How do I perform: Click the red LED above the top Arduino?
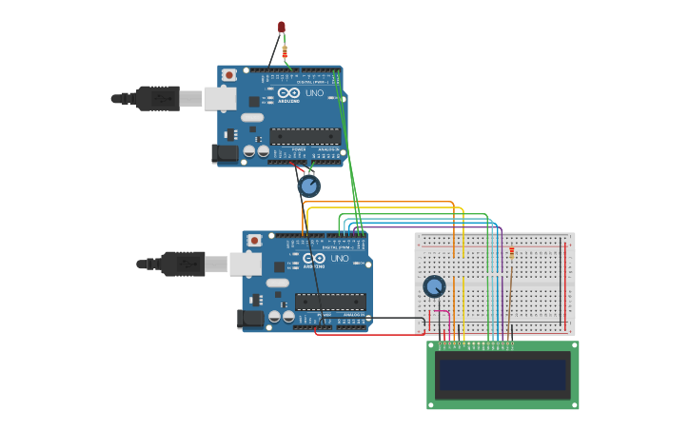click(281, 28)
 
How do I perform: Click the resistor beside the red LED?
click(285, 51)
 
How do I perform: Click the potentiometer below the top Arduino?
click(308, 186)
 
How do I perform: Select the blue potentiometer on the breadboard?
click(434, 286)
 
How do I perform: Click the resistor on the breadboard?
click(511, 252)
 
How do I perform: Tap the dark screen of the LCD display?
click(502, 375)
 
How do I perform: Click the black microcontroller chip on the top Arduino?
click(305, 136)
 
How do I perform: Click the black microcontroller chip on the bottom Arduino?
click(329, 303)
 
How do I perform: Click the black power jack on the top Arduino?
click(225, 152)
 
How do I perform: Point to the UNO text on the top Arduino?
click(314, 93)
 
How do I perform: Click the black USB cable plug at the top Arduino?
click(157, 98)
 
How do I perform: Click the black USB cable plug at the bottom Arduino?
click(182, 264)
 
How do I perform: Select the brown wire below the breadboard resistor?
click(511, 295)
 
